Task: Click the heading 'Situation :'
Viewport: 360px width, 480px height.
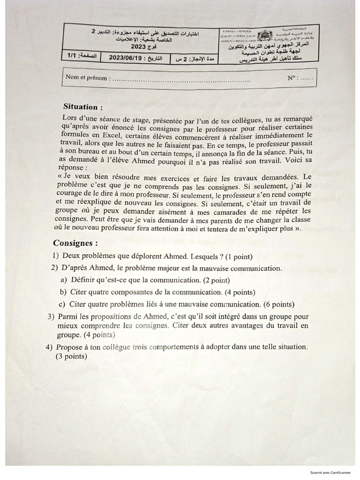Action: coord(82,107)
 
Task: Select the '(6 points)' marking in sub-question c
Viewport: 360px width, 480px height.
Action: coord(278,304)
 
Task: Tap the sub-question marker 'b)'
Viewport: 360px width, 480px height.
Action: coord(62,292)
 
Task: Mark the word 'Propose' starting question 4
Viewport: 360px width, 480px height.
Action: coord(70,347)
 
